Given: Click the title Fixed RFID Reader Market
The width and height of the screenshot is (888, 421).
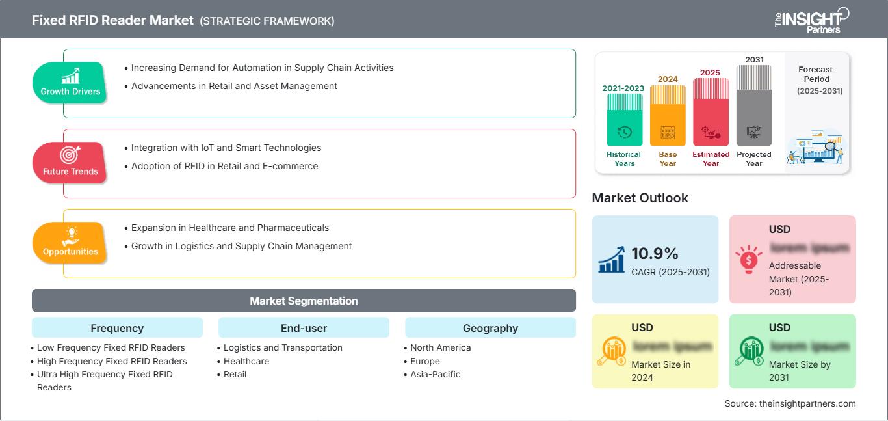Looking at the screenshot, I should coord(112,20).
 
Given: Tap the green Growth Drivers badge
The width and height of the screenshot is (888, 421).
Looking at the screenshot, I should coord(70,83).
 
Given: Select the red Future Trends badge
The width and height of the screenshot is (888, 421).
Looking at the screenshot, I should coord(70,163).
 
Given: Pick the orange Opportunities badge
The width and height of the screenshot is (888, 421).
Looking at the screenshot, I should coord(70,243).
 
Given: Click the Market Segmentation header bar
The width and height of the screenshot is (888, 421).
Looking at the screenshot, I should coord(304,301).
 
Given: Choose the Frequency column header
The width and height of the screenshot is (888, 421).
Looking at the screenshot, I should coord(117,328).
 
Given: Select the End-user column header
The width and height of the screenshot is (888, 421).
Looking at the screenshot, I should coord(304,328).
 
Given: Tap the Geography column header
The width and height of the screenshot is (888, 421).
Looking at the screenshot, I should coord(490,328).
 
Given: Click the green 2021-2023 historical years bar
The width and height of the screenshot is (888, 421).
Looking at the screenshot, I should coord(624,120).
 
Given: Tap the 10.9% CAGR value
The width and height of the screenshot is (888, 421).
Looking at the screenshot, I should coord(655,254).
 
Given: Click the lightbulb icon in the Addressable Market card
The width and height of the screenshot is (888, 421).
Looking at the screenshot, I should coord(748,259).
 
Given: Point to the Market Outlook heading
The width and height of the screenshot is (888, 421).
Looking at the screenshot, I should coord(640,198).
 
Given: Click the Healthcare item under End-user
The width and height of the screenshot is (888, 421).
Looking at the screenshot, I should coord(246,361).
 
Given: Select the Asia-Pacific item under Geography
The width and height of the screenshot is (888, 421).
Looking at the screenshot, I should coord(435,374).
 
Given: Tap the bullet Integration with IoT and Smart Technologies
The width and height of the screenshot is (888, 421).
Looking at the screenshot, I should coord(226,148).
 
